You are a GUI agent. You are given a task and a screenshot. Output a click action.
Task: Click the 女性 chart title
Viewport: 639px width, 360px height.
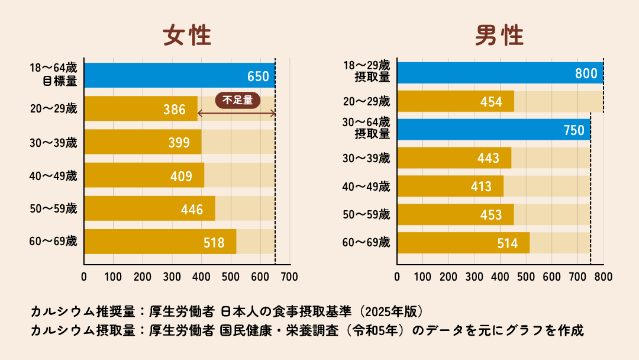187,36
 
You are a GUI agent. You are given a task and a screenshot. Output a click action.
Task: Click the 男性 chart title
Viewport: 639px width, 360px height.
499,36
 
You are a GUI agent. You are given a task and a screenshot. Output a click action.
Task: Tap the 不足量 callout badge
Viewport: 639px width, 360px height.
237,100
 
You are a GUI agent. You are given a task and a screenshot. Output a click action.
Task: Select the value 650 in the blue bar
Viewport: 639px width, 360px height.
258,76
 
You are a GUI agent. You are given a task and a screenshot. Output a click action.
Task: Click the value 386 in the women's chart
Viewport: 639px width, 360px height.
174,110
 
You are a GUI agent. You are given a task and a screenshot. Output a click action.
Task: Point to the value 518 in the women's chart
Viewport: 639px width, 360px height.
214,243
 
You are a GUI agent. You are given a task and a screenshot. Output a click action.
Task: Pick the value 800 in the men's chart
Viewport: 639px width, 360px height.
586,73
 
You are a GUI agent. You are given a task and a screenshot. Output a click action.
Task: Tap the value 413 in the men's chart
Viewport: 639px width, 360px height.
481,187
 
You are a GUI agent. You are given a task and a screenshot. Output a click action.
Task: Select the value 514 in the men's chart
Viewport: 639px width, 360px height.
507,243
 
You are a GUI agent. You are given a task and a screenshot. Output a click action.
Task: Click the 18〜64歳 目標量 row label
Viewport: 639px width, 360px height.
53,75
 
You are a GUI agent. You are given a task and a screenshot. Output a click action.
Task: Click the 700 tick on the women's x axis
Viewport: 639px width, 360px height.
289,277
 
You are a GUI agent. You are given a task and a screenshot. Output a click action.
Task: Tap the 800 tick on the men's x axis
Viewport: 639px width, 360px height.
603,277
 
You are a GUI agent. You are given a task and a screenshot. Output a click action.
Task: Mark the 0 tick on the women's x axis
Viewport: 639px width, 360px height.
84,277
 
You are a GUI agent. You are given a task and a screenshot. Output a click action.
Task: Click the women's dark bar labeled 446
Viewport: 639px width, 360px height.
150,208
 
